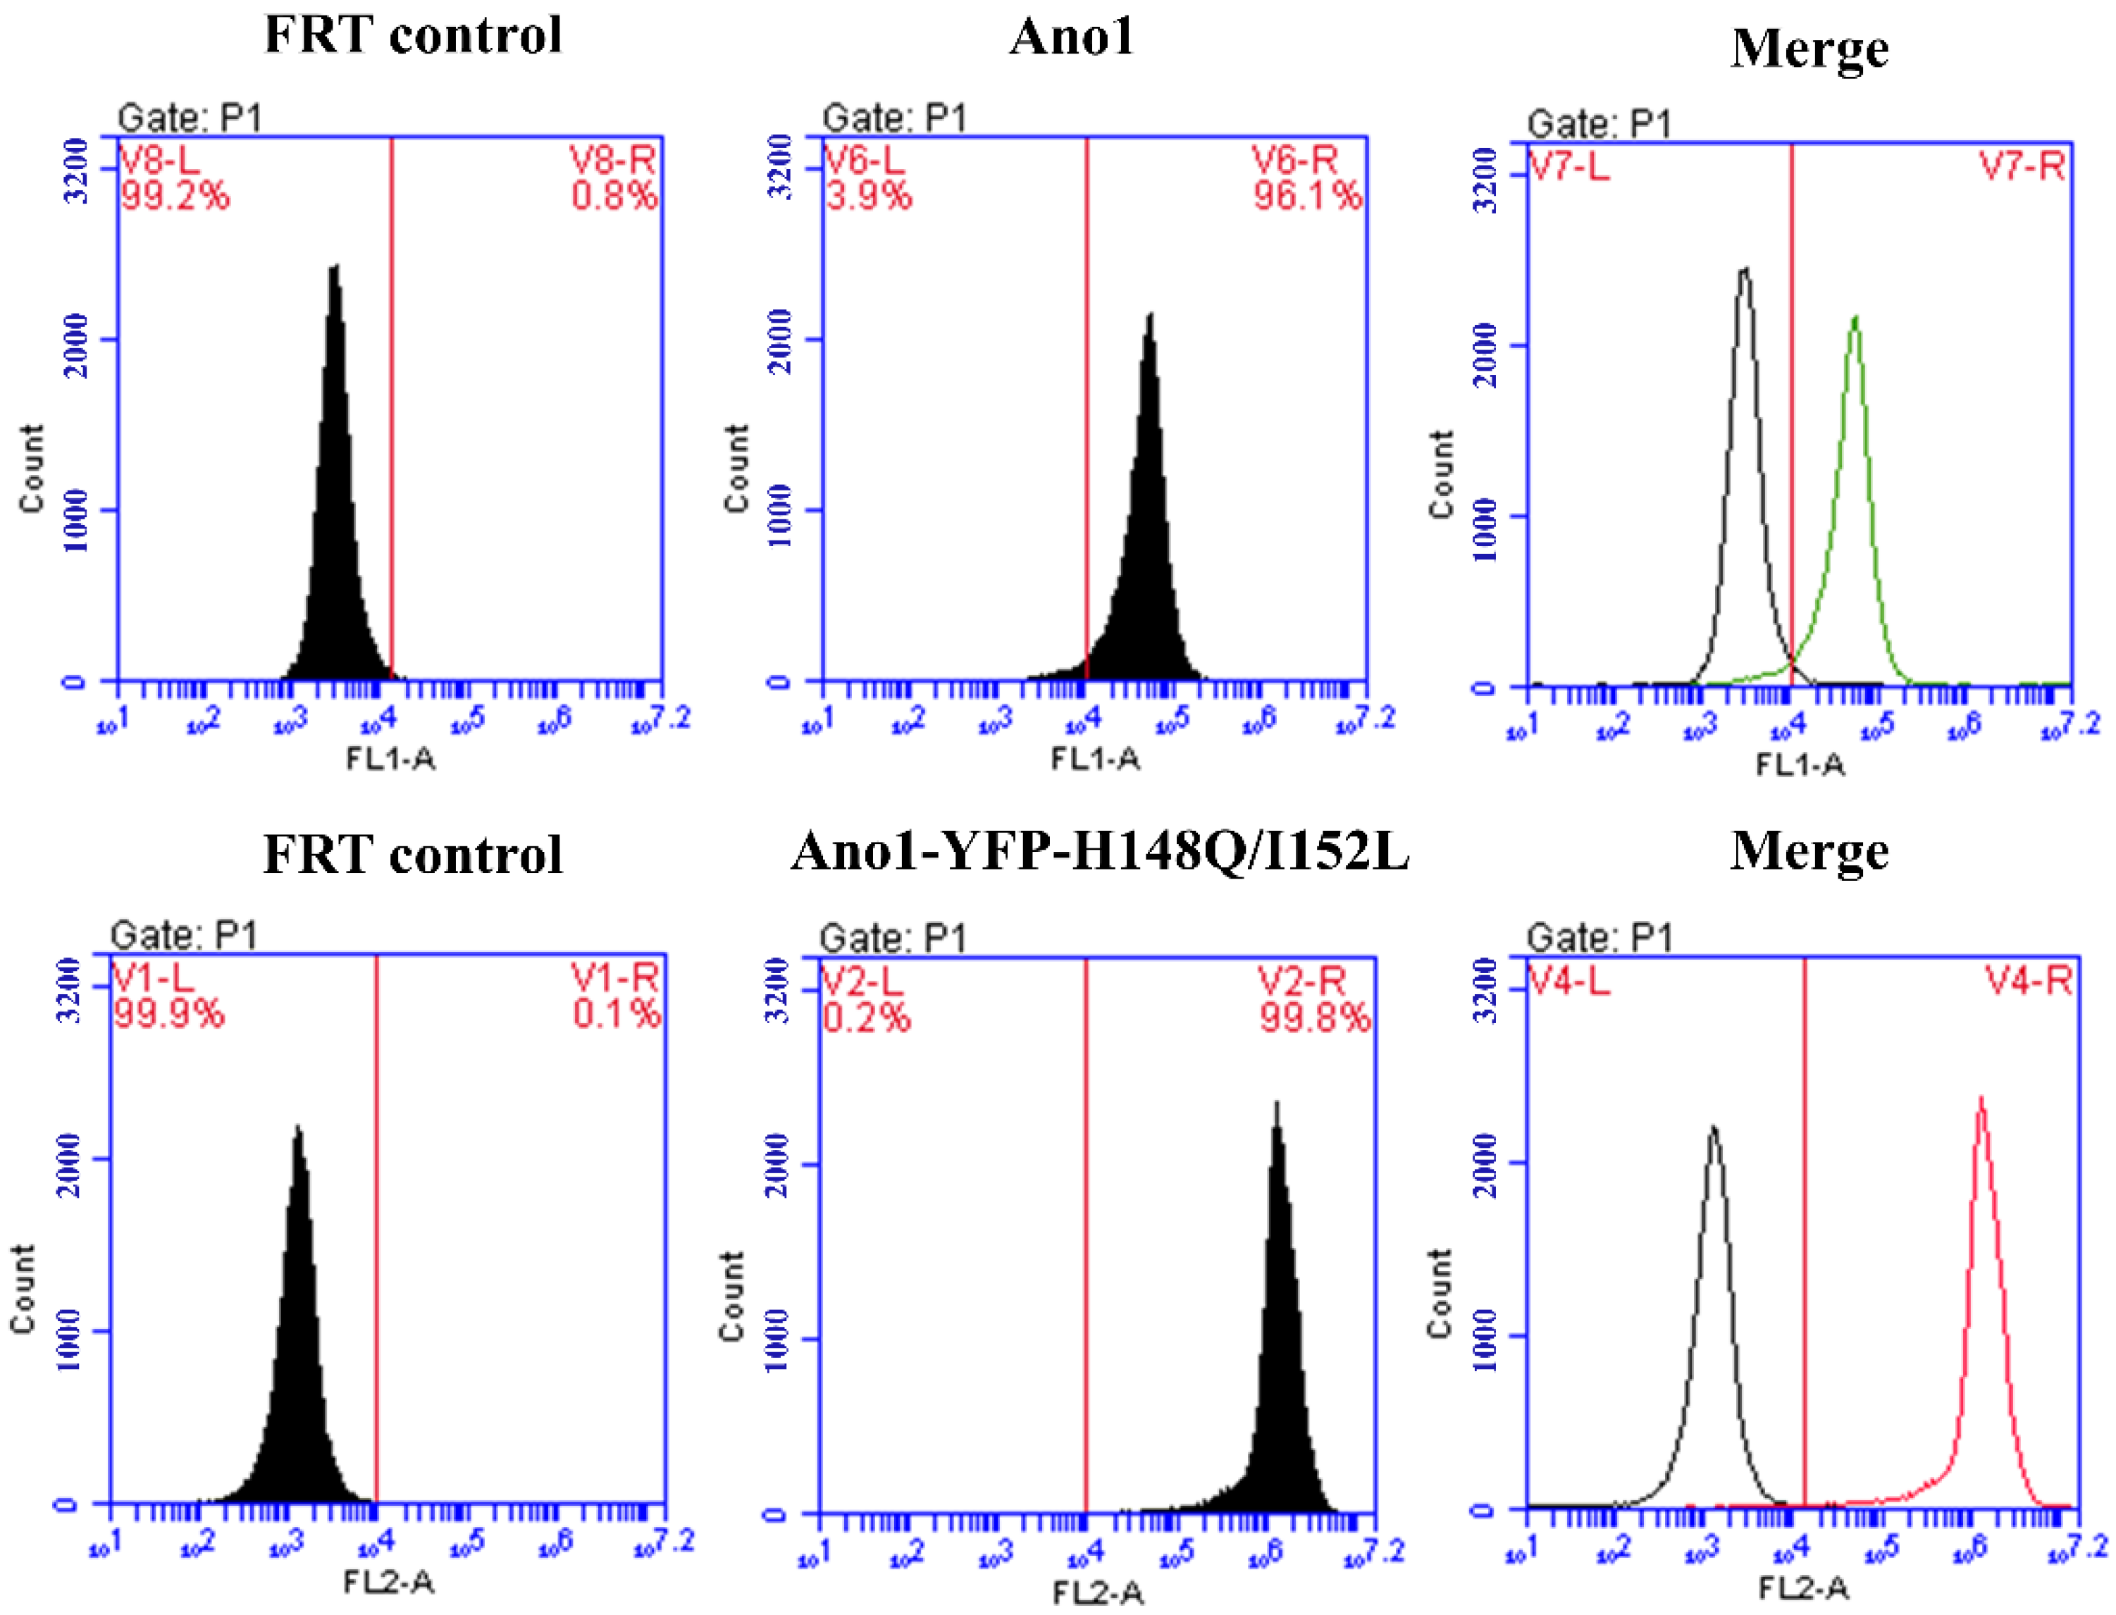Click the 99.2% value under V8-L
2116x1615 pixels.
(175, 197)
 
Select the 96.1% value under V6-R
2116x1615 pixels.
(1306, 197)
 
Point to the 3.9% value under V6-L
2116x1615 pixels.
(868, 197)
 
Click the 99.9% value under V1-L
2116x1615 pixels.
(169, 1014)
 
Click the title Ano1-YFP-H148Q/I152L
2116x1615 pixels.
(1100, 852)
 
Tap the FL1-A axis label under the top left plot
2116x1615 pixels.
(390, 760)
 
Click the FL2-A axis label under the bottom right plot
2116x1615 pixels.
(1804, 1588)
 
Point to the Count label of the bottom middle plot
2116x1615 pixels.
(733, 1295)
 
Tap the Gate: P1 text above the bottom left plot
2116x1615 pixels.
(184, 934)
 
